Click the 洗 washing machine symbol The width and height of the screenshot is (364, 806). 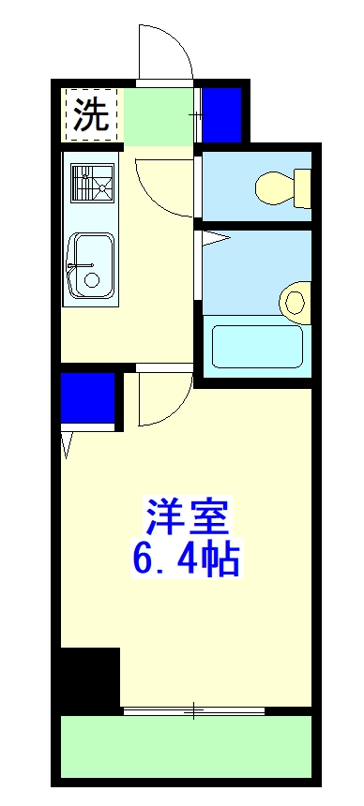91,114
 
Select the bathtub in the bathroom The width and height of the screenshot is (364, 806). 257,347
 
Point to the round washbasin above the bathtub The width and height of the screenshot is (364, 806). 295,302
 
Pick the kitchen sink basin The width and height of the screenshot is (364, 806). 92,266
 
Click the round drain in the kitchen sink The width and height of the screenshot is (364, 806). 91,280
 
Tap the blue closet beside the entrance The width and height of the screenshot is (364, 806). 222,113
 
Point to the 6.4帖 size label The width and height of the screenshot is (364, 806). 186,560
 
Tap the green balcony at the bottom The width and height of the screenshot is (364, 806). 186,747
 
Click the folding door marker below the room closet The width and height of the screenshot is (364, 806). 68,443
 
